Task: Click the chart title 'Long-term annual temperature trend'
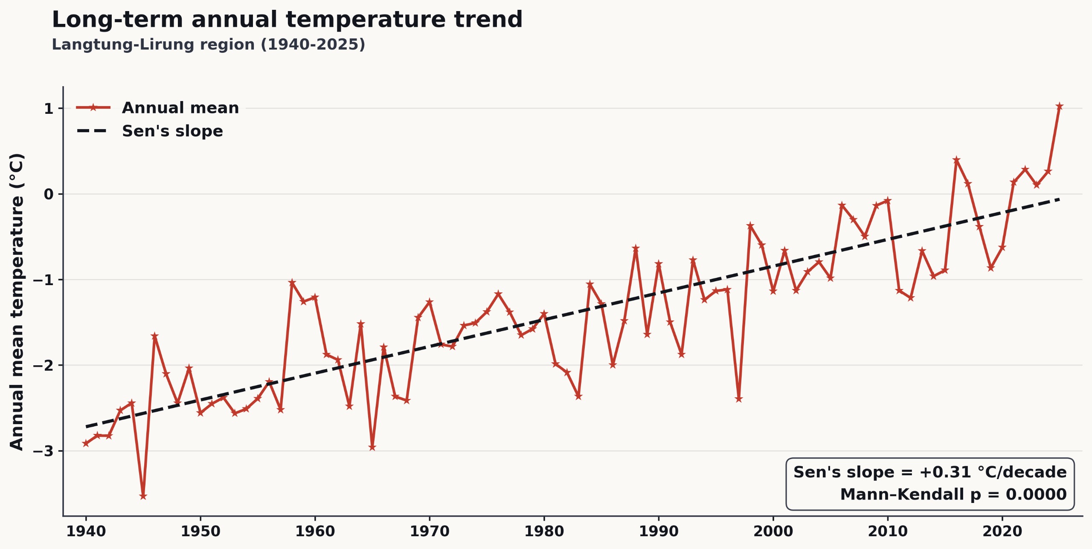point(287,20)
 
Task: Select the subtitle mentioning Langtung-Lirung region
point(209,44)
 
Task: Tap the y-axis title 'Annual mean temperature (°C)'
point(17,302)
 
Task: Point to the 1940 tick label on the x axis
point(86,531)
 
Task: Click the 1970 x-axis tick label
point(430,531)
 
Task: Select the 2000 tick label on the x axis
point(773,531)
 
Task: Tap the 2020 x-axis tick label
point(1002,531)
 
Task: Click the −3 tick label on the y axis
point(43,451)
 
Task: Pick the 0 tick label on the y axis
point(49,194)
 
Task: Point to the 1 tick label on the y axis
point(49,109)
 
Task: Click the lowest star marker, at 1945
point(143,496)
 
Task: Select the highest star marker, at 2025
point(1060,106)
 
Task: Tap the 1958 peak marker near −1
point(292,282)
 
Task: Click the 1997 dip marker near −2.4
point(739,399)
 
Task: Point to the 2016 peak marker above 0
point(957,160)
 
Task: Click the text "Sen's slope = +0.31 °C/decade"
point(930,472)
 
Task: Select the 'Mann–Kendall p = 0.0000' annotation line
point(953,494)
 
